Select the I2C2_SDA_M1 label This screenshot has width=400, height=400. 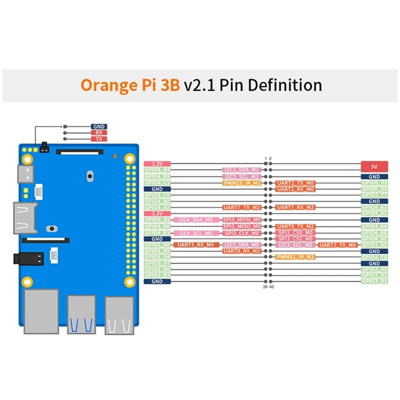[x=241, y=170]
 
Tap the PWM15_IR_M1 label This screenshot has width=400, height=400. [x=241, y=183]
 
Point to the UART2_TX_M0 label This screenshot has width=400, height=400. [x=295, y=183]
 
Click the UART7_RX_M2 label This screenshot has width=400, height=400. [x=295, y=207]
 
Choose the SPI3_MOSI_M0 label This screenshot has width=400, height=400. [x=241, y=220]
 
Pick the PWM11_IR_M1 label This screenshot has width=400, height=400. [x=295, y=257]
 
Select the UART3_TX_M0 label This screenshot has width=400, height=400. [x=338, y=245]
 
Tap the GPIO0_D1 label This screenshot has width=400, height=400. [x=374, y=183]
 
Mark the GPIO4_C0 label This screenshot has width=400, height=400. [x=374, y=257]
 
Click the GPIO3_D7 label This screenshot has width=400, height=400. [x=157, y=263]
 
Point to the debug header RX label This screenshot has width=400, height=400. [x=98, y=133]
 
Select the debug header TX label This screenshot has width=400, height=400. [x=98, y=139]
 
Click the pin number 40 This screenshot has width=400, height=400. [x=271, y=287]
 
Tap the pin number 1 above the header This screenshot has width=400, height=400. [x=265, y=158]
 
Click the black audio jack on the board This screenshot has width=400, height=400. [x=28, y=259]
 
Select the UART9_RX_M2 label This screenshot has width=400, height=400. [x=241, y=251]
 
